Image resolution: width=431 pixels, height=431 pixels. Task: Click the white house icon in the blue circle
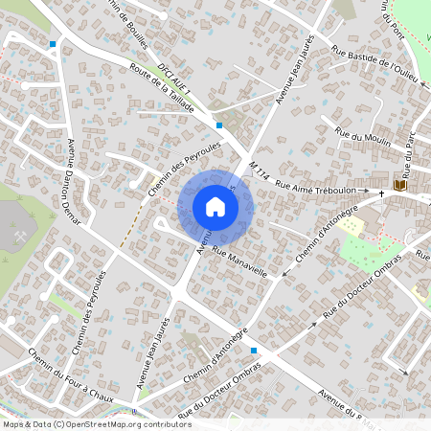tap(215, 207)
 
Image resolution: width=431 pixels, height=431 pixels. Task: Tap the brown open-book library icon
tap(399, 183)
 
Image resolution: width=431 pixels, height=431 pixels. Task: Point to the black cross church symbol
tap(381, 193)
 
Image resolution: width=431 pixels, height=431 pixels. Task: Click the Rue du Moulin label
tap(359, 140)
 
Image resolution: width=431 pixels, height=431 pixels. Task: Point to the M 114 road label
tap(256, 171)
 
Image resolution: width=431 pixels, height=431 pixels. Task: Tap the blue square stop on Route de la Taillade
tap(219, 125)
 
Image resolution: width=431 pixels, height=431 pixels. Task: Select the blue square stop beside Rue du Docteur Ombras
tap(253, 351)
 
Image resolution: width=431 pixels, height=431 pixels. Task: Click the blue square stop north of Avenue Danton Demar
tap(52, 44)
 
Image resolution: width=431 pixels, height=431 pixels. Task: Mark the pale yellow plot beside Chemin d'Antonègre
tap(352, 226)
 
